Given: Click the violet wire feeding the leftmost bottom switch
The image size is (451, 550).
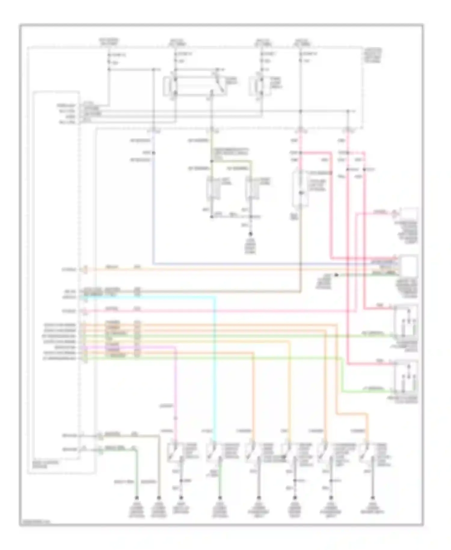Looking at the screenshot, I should [176, 391].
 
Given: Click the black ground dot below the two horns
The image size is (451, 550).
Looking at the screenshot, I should [250, 234].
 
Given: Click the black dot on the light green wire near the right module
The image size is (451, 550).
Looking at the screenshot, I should [337, 275].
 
